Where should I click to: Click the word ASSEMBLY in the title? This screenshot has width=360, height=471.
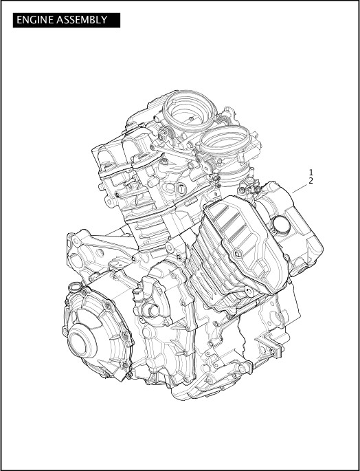click(x=83, y=20)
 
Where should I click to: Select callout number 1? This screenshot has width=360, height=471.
click(x=311, y=173)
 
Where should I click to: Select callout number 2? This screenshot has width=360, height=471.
click(x=311, y=181)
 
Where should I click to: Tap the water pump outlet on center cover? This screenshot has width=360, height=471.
click(x=144, y=310)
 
